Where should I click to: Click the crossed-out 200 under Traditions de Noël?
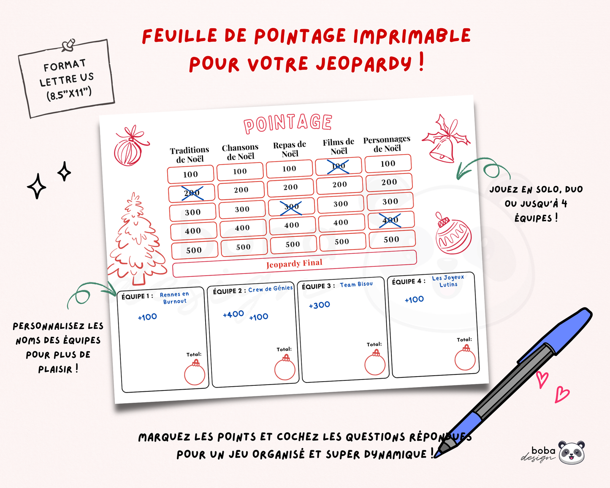point(192,193)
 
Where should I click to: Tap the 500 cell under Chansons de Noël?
point(244,247)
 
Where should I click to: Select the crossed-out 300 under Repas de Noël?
point(291,206)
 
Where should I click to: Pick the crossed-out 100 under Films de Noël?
point(339,166)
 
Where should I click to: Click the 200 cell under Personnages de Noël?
point(389,182)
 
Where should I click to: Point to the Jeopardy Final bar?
point(294,264)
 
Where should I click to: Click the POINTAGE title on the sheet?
point(288,123)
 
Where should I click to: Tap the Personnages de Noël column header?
point(387,144)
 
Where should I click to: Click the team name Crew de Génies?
point(270,289)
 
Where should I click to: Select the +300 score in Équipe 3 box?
point(320,305)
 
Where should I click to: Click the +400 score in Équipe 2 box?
point(233,314)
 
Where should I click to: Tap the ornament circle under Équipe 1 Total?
point(195,374)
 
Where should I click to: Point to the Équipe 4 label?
point(408,282)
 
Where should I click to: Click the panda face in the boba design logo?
point(572,453)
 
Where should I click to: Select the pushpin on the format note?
point(68,45)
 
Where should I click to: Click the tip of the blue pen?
point(437,455)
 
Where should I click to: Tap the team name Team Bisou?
point(356,285)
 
